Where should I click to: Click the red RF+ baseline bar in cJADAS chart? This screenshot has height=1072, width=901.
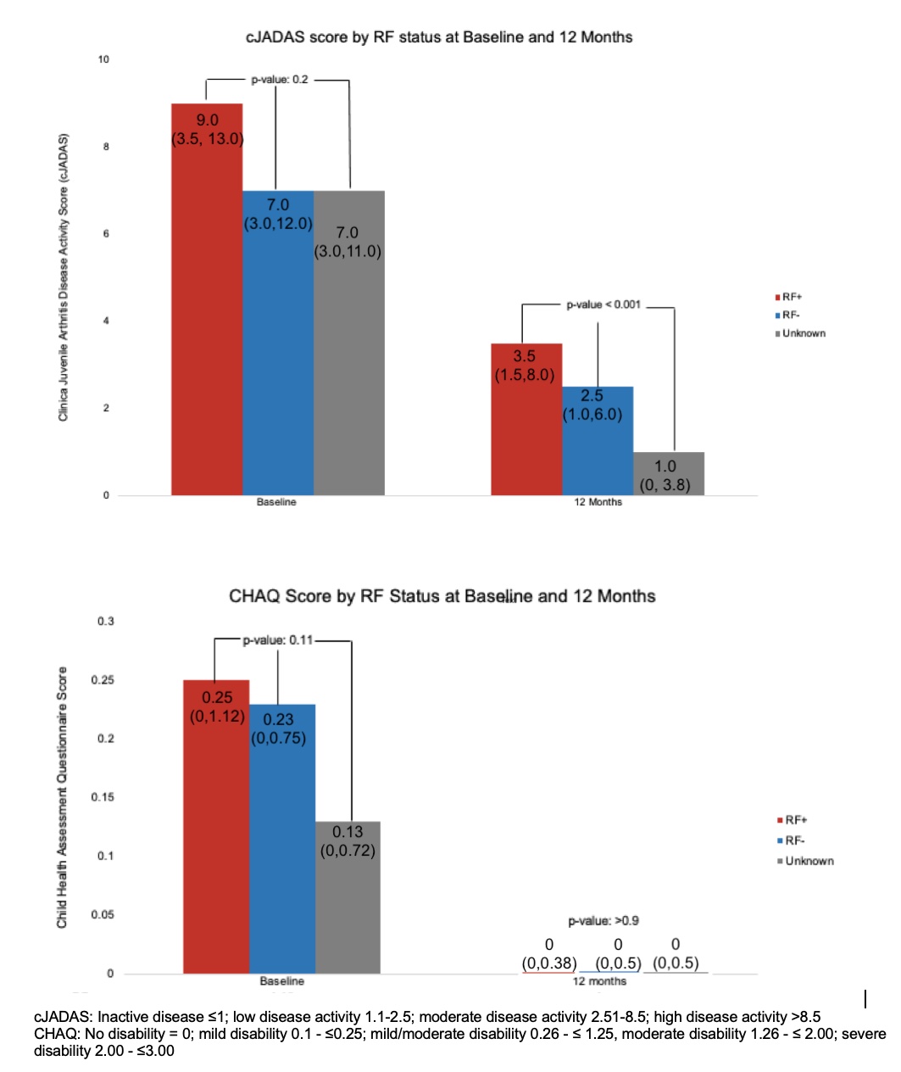click(x=207, y=322)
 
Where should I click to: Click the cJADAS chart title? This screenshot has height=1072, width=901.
click(x=439, y=37)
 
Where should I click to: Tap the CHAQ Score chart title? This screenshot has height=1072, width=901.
click(x=442, y=596)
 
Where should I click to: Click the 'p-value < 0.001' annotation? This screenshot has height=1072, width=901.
click(x=603, y=304)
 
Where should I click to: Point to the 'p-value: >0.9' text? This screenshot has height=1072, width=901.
click(x=603, y=920)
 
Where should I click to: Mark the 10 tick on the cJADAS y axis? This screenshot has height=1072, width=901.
click(x=103, y=59)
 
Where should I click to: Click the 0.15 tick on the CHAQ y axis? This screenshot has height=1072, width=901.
click(x=103, y=797)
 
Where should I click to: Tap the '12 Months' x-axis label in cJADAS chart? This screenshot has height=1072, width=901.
click(x=598, y=502)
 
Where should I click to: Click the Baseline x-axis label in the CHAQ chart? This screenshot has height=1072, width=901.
click(x=281, y=981)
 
